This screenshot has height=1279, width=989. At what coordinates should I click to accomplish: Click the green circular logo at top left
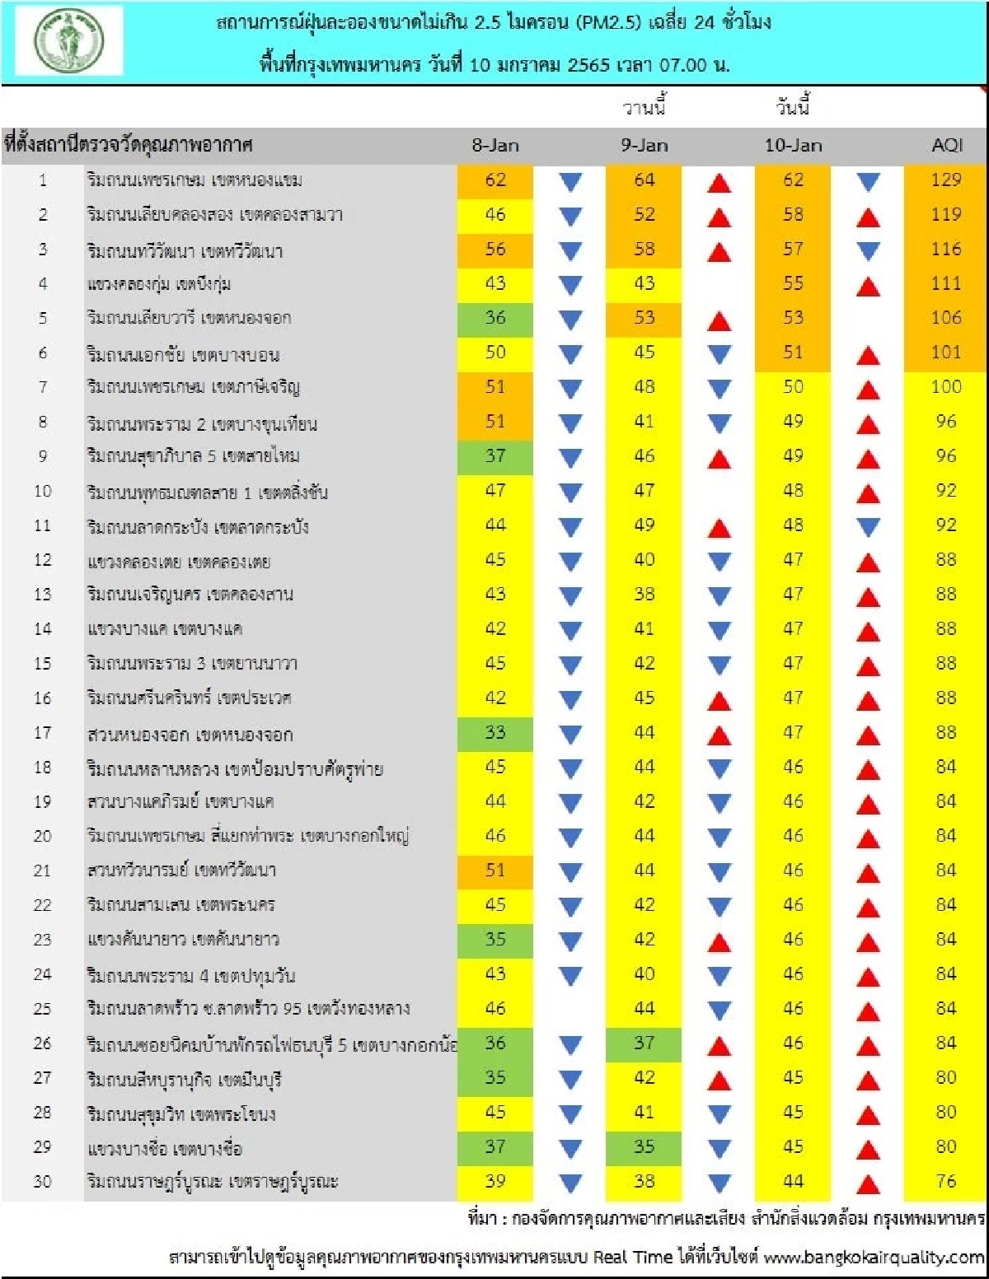[68, 41]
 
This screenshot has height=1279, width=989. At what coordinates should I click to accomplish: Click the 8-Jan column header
[495, 146]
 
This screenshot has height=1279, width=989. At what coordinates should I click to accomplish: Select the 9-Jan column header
[644, 146]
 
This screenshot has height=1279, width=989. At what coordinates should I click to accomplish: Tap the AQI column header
[946, 146]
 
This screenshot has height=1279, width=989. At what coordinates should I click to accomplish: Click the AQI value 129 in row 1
[946, 180]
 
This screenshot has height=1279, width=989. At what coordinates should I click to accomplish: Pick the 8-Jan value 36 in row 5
[495, 318]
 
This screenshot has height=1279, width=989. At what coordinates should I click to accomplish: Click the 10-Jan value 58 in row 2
[793, 215]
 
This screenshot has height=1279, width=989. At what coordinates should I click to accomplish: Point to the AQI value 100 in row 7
[946, 387]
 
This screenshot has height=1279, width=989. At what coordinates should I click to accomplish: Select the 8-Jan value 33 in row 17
[495, 733]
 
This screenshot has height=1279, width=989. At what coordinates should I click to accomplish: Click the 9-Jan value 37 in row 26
[644, 1043]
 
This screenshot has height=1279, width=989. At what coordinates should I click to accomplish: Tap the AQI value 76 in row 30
[946, 1182]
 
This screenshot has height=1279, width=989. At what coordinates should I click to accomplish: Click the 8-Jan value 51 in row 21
[495, 871]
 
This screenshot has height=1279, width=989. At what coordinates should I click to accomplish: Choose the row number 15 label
[43, 664]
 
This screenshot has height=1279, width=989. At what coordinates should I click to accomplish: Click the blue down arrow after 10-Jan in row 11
[868, 527]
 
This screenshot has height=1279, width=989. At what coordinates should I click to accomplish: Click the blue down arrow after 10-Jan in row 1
[868, 182]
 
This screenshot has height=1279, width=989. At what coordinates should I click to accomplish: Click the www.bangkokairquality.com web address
[874, 1258]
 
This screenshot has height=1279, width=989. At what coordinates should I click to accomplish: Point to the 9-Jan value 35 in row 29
[644, 1147]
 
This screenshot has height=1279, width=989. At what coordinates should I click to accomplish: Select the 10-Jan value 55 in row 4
[793, 284]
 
